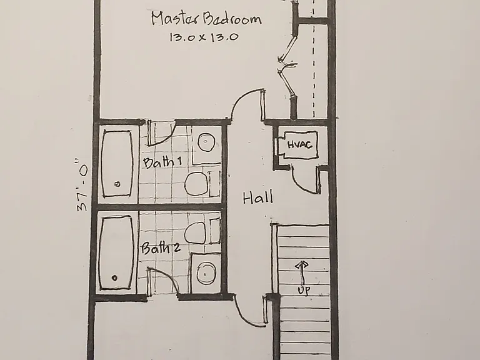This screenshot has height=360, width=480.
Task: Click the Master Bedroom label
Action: [207, 19]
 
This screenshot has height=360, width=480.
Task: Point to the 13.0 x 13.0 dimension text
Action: [204, 37]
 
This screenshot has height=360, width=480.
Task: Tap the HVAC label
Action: [300, 144]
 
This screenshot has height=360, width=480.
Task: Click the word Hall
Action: [257, 197]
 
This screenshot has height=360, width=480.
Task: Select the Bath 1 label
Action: [162, 162]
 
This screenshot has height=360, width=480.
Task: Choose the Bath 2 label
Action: [161, 248]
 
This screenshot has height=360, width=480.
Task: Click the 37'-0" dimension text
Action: [82, 185]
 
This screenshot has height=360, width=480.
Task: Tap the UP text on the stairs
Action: [304, 290]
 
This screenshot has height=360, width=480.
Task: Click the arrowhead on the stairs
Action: [302, 265]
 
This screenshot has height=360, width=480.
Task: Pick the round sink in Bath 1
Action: [206, 142]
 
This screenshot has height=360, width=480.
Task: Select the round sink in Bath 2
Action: [205, 273]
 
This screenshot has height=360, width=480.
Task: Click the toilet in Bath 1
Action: [196, 183]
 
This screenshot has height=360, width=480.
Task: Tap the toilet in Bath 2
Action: [195, 232]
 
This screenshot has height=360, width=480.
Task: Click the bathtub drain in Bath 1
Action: [117, 184]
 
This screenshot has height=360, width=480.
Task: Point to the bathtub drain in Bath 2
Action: [114, 278]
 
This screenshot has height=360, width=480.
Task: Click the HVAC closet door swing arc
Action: [299, 184]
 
